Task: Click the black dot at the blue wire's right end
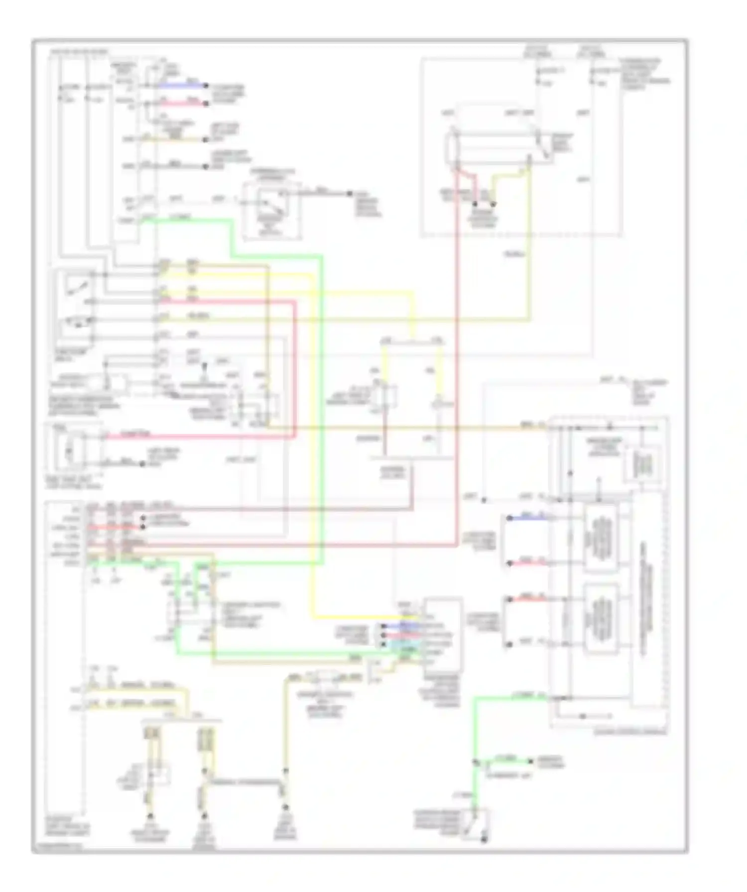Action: [x=206, y=86]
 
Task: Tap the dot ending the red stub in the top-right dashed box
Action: [x=475, y=204]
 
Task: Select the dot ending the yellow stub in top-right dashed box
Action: [x=493, y=204]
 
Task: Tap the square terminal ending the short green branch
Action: [x=531, y=761]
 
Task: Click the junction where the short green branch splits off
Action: [x=476, y=762]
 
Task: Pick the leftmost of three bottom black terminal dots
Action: [x=149, y=817]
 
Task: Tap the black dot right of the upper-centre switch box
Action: [x=350, y=193]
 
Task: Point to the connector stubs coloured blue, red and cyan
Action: [x=401, y=635]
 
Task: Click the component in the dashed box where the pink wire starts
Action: [x=70, y=451]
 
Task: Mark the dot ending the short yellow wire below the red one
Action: [x=206, y=139]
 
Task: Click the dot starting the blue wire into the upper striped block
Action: [x=509, y=518]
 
